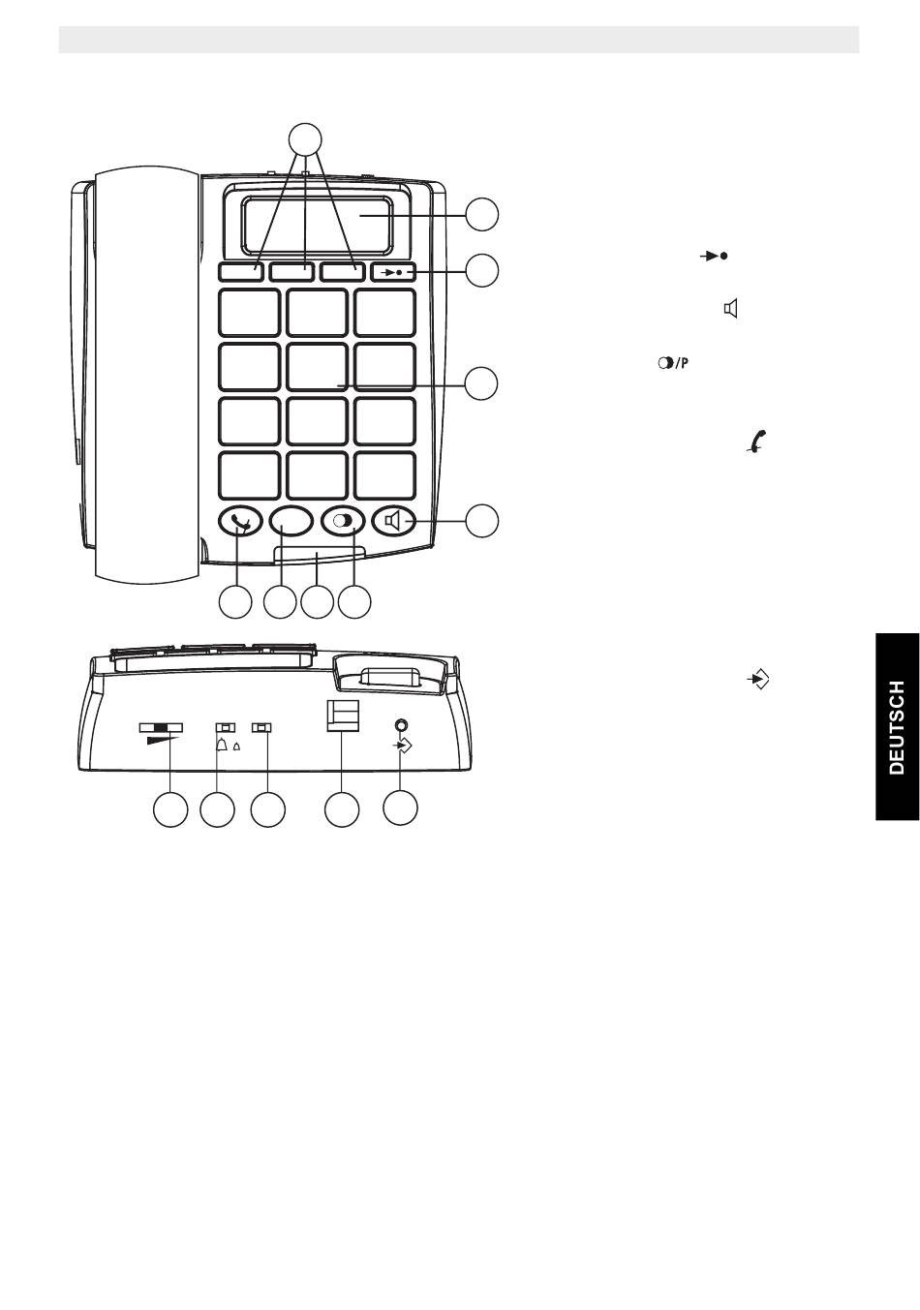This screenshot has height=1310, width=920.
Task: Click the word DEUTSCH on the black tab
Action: click(x=897, y=727)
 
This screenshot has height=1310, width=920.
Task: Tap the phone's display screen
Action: click(x=317, y=226)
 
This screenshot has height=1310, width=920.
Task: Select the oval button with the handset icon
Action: click(x=240, y=521)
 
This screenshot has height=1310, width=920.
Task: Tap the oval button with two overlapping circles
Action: click(x=344, y=521)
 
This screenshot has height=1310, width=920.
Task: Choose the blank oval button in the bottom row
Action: click(x=291, y=521)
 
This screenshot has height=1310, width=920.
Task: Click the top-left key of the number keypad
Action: click(x=249, y=313)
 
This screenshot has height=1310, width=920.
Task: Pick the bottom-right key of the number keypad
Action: click(x=384, y=474)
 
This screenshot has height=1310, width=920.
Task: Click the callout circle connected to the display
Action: click(x=482, y=215)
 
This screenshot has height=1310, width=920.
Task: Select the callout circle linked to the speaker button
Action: click(x=482, y=521)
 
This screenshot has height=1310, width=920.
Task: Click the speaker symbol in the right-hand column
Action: click(x=731, y=308)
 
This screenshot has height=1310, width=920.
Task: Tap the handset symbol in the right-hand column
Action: click(x=756, y=442)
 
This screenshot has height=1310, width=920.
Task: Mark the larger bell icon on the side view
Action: click(x=223, y=745)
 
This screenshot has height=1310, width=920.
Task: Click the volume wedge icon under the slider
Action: click(x=162, y=740)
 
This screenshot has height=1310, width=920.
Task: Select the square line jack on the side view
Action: click(x=342, y=716)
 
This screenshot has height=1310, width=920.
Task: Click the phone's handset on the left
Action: click(x=147, y=377)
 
